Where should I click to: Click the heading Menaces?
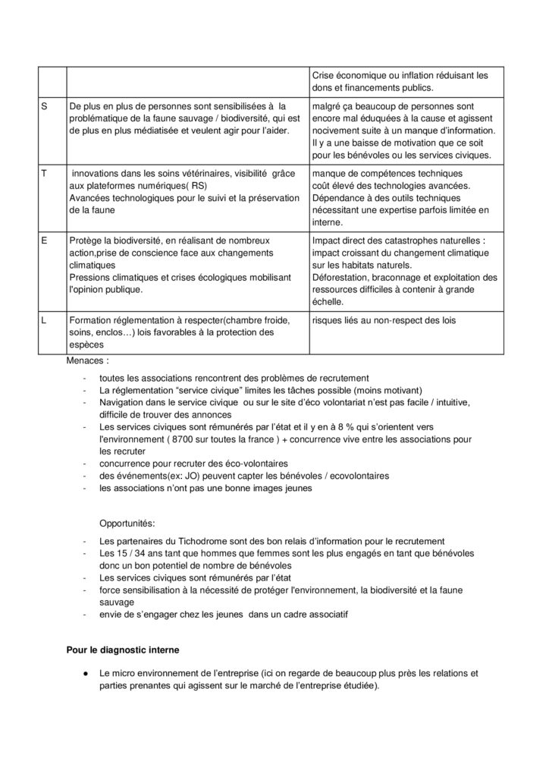88,362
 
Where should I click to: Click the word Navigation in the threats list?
122,403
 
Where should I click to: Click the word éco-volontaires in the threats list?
249,464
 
